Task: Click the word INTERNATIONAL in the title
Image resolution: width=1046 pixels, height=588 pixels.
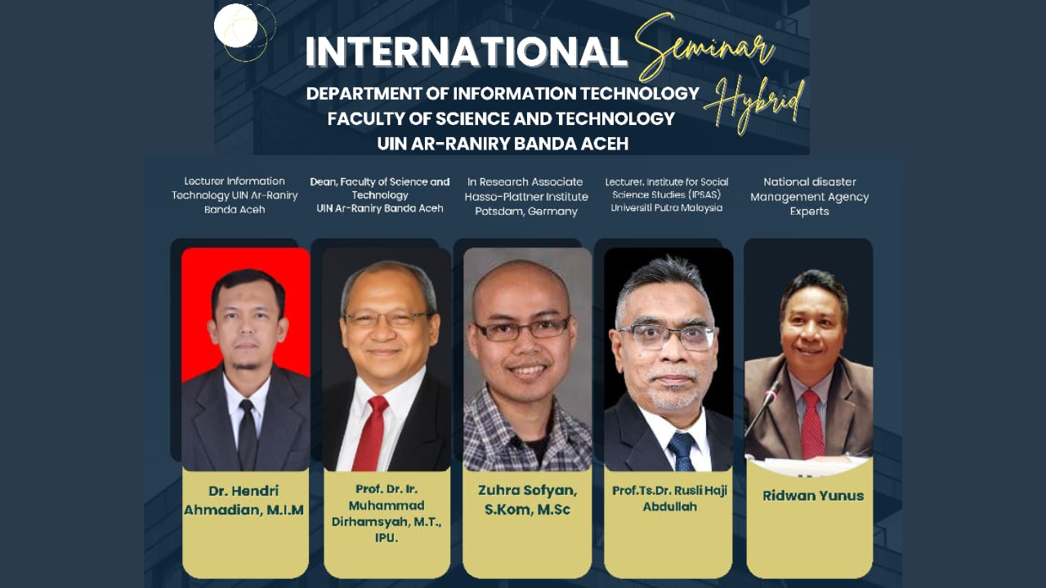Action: click(x=466, y=51)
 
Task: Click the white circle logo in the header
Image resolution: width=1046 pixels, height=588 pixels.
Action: click(x=236, y=25)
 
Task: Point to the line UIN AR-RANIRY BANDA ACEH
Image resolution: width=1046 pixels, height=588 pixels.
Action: click(x=503, y=143)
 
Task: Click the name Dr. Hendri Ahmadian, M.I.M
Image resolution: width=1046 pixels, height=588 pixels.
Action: click(x=244, y=501)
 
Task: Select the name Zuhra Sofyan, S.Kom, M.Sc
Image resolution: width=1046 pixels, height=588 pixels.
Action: click(x=527, y=500)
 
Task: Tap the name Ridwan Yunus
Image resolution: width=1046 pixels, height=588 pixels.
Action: click(x=813, y=496)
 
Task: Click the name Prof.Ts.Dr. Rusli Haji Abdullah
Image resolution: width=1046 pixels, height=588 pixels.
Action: click(x=669, y=499)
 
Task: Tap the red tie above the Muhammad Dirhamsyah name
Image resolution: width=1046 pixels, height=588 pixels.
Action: click(x=371, y=433)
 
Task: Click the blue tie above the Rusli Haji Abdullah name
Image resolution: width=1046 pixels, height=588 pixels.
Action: click(x=682, y=451)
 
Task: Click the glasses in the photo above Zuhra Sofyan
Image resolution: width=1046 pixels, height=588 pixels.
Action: click(x=523, y=329)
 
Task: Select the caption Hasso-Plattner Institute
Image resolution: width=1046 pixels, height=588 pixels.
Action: click(x=526, y=197)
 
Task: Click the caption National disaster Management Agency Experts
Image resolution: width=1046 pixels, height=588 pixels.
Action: click(x=810, y=197)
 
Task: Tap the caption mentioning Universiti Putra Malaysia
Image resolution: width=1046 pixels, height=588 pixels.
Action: click(x=667, y=194)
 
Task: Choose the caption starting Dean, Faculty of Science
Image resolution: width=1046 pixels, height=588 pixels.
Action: click(x=380, y=195)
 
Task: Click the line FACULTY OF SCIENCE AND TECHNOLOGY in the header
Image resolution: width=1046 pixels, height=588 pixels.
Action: click(x=501, y=118)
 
